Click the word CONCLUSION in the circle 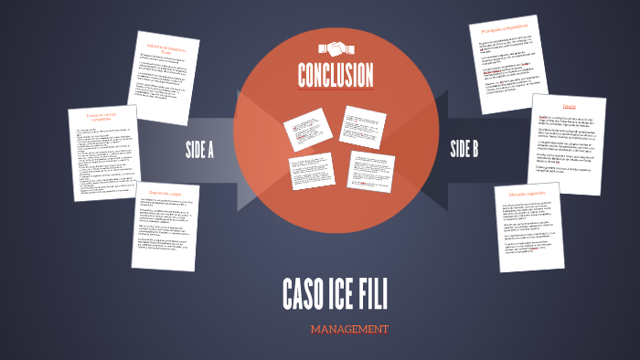(x=336, y=74)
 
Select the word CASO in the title (x=304, y=294)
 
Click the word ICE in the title (x=346, y=294)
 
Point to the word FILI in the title (x=376, y=294)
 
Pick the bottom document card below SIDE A (x=165, y=228)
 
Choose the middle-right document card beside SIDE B (x=570, y=143)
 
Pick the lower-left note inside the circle (x=310, y=171)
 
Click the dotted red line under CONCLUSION (x=336, y=90)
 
